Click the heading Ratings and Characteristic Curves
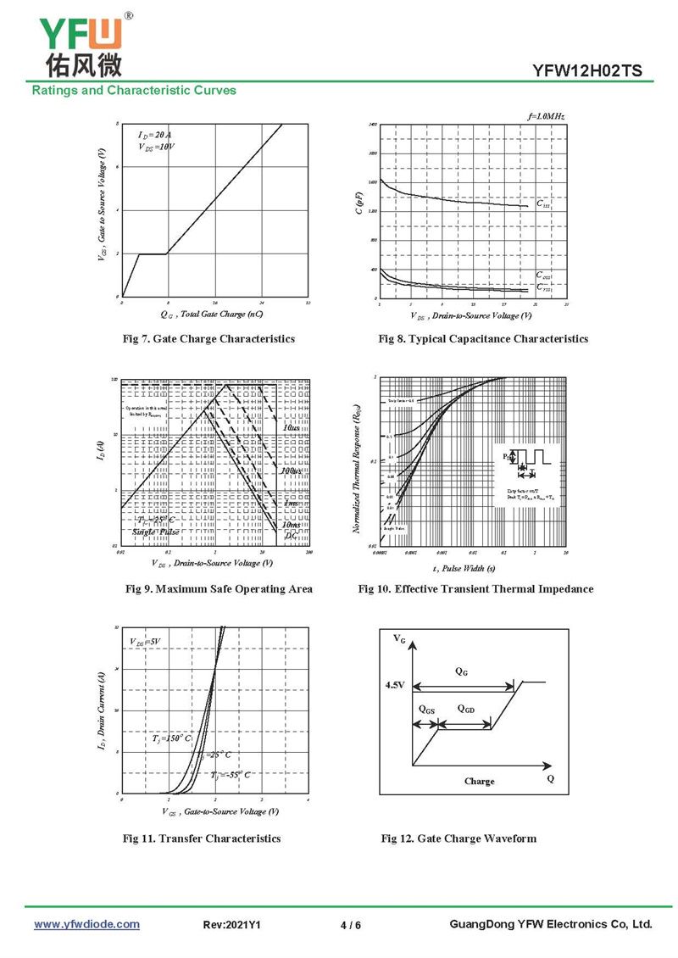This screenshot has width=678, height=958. tap(134, 90)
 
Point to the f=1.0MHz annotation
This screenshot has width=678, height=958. tap(545, 115)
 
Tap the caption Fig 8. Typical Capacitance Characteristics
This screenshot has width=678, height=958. tap(483, 339)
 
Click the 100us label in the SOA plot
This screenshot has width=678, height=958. tap(291, 470)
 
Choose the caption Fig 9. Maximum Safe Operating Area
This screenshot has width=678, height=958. tap(219, 589)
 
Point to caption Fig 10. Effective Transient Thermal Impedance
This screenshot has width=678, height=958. tap(475, 589)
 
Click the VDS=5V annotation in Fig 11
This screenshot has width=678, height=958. tap(145, 641)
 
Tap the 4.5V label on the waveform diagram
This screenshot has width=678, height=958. tap(395, 683)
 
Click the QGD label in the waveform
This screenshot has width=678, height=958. tap(465, 708)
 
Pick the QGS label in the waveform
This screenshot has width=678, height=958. tap(426, 708)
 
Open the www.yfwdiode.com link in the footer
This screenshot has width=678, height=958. tap(86, 924)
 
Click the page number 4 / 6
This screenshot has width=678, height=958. tap(350, 925)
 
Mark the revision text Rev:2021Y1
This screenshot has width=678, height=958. tap(232, 925)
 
